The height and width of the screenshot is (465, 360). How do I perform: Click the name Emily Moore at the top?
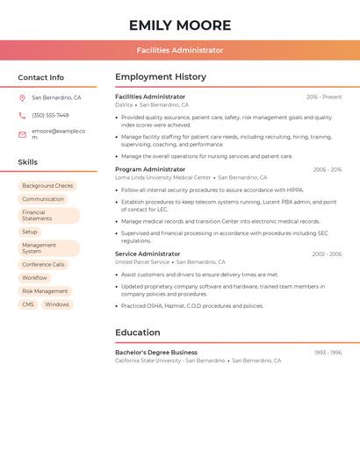pos(179,25)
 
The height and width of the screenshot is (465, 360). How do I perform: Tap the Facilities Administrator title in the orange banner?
pos(179,51)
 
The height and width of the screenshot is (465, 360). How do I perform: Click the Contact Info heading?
pos(40,77)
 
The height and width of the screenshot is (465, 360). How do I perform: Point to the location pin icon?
pos(22,98)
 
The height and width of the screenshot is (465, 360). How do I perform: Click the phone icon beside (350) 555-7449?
pos(22,116)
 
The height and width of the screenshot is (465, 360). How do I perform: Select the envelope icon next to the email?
pos(22,134)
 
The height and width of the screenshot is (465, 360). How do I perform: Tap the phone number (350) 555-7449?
pos(50,116)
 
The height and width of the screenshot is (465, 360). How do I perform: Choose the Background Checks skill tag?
pos(47,186)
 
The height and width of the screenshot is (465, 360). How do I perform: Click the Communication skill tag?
pos(43,199)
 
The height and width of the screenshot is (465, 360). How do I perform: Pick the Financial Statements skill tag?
pos(48,216)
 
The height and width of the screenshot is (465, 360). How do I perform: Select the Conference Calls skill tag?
pos(43,264)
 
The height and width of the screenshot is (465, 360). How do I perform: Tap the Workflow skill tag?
pos(35,278)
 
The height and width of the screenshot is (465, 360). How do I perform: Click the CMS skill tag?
pos(28,304)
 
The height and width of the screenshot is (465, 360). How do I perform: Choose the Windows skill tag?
pos(57,304)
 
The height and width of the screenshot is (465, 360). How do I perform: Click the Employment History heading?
pos(161,77)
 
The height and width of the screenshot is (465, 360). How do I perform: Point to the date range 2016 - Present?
pos(324,97)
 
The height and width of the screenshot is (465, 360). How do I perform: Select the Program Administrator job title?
pos(150,169)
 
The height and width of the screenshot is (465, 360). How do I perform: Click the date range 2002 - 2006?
pos(327,254)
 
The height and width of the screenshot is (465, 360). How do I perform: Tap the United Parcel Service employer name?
pos(142,262)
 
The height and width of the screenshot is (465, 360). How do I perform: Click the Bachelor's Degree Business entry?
pos(156,353)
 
